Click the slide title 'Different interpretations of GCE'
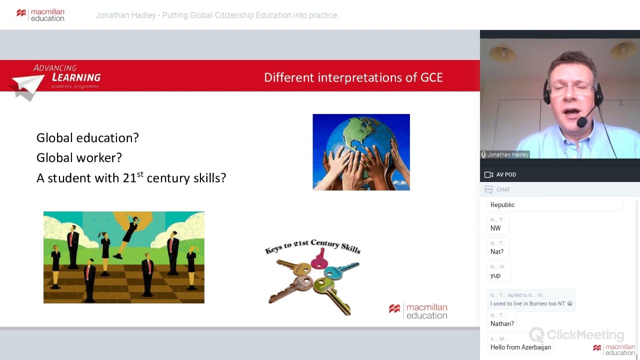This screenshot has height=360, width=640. (x=353, y=77)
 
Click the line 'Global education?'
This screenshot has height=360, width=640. (x=87, y=138)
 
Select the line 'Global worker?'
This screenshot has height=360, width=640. (x=79, y=158)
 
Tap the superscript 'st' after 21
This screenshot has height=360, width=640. (x=140, y=174)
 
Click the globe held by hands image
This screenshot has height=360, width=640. (x=361, y=152)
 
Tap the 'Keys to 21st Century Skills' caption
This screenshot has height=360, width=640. (x=312, y=246)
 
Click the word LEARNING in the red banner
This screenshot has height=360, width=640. (x=76, y=77)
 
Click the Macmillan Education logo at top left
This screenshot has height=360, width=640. (x=40, y=15)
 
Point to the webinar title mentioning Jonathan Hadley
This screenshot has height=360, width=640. (x=216, y=15)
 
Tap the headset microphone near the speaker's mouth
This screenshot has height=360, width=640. (x=581, y=121)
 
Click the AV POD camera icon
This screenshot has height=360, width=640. (x=488, y=174)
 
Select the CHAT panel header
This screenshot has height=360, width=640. (x=503, y=189)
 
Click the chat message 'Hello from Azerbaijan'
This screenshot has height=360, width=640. (x=520, y=347)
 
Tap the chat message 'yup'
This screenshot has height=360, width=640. (x=495, y=275)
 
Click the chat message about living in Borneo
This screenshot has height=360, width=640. (x=531, y=303)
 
